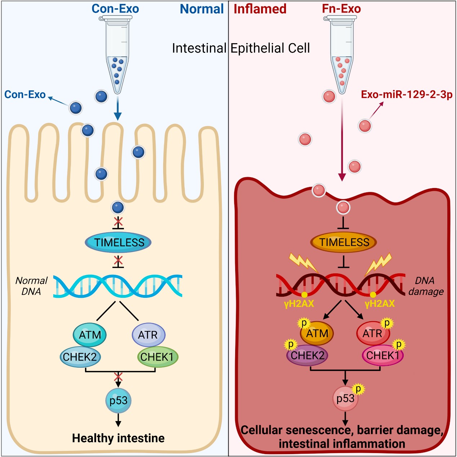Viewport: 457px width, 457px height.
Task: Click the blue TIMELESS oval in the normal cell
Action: tap(118, 242)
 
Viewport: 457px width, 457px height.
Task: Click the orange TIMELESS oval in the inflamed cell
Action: tap(344, 242)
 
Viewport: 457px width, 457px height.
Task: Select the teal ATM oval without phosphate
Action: tap(90, 335)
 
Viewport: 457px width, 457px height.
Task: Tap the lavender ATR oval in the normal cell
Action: tap(148, 335)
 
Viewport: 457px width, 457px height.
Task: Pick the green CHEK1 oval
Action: tap(157, 357)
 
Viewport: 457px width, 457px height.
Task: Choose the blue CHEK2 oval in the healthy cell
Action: tap(80, 357)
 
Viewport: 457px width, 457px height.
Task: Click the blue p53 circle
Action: tap(118, 400)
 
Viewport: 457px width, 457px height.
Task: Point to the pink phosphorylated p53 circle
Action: tap(345, 399)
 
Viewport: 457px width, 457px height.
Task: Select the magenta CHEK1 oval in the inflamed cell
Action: tap(382, 355)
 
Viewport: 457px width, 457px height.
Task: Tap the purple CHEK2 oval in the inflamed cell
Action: tap(307, 355)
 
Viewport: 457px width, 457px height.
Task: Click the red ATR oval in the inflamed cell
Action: tap(373, 333)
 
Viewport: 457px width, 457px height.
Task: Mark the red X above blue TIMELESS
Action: tap(118, 221)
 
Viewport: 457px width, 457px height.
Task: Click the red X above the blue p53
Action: tap(118, 377)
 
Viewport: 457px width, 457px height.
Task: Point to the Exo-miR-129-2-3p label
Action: tap(407, 95)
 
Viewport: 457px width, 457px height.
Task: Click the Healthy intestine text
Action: tap(118, 438)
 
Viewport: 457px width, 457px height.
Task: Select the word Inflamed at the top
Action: tap(260, 9)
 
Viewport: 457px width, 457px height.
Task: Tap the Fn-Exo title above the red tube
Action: tap(341, 9)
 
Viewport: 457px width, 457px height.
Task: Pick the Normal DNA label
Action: tap(31, 286)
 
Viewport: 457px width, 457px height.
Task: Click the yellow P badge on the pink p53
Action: tap(358, 389)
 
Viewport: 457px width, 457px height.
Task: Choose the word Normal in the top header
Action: tap(202, 9)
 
